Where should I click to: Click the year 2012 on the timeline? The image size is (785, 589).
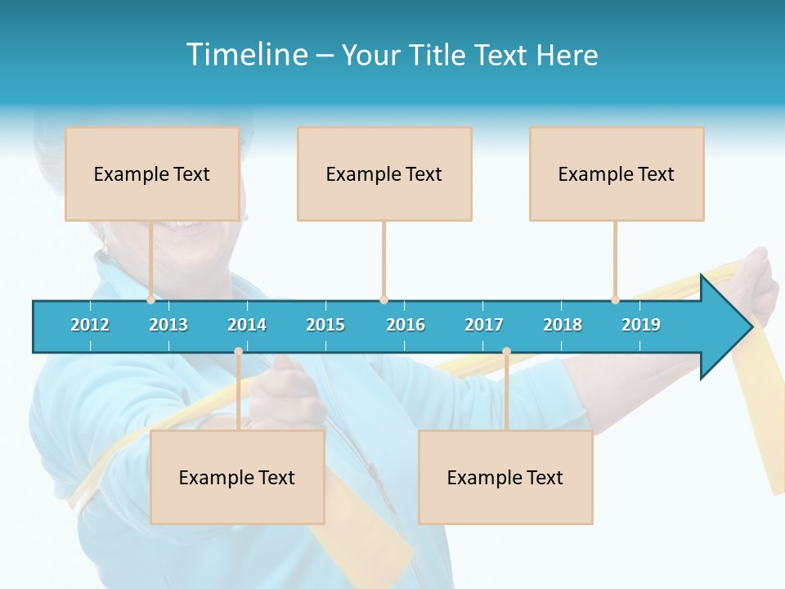click(90, 325)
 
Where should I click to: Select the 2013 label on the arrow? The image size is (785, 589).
click(168, 325)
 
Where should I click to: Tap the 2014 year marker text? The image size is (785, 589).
click(247, 325)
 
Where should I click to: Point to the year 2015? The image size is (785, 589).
click(325, 325)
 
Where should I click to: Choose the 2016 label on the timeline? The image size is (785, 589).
click(406, 325)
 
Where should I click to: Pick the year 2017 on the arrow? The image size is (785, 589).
click(484, 325)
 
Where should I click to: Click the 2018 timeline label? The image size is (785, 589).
click(563, 325)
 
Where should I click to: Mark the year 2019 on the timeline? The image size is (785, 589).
click(641, 325)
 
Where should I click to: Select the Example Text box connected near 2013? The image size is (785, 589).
click(152, 173)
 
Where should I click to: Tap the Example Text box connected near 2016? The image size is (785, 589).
click(384, 173)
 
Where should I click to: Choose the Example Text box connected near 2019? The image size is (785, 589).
click(617, 173)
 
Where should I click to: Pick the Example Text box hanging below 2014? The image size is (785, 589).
click(237, 477)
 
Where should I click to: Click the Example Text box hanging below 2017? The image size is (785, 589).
click(505, 477)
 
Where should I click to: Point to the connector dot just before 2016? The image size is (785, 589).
click(384, 299)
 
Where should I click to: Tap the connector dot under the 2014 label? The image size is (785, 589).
click(238, 352)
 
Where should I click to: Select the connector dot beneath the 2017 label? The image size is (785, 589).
click(506, 352)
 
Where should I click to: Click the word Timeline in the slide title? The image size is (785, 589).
click(245, 55)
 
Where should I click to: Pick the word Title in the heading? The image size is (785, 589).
click(438, 55)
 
